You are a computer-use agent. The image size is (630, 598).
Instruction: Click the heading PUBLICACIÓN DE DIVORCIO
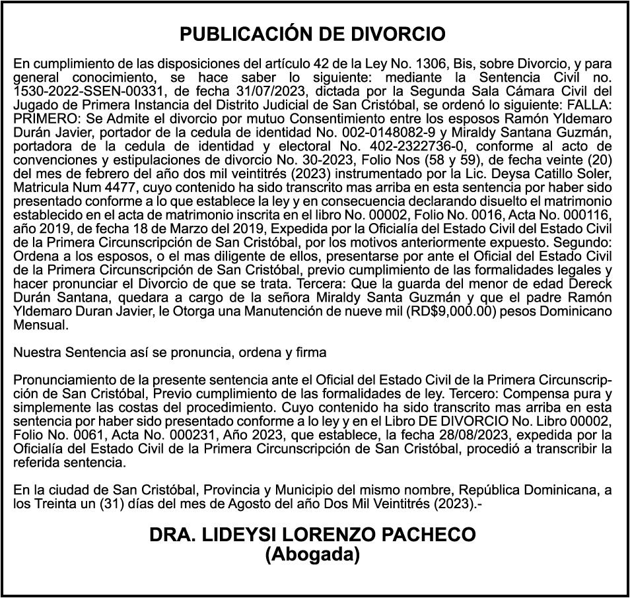click(x=312, y=34)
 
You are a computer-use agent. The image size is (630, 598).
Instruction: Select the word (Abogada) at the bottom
click(x=312, y=555)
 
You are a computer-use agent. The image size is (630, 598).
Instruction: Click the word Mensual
click(x=40, y=325)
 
